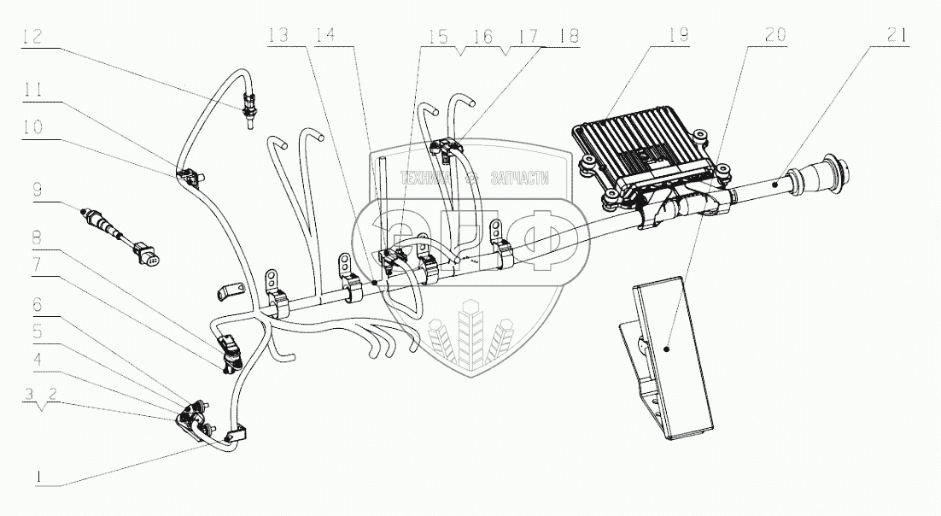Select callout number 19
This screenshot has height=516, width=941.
(679, 36)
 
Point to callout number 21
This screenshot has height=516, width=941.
(897, 36)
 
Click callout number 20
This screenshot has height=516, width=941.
(775, 36)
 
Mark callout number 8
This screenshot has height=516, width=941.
(37, 236)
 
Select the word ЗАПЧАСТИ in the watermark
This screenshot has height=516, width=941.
(518, 179)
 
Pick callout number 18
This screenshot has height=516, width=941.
(568, 36)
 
